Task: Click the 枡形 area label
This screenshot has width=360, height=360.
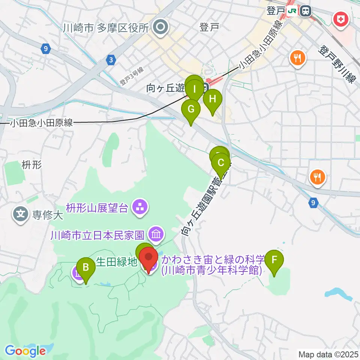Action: pyautogui.click(x=31, y=164)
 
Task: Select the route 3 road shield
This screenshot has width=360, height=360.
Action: pyautogui.click(x=111, y=59)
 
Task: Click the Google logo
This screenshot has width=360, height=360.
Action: pyautogui.click(x=25, y=351)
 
